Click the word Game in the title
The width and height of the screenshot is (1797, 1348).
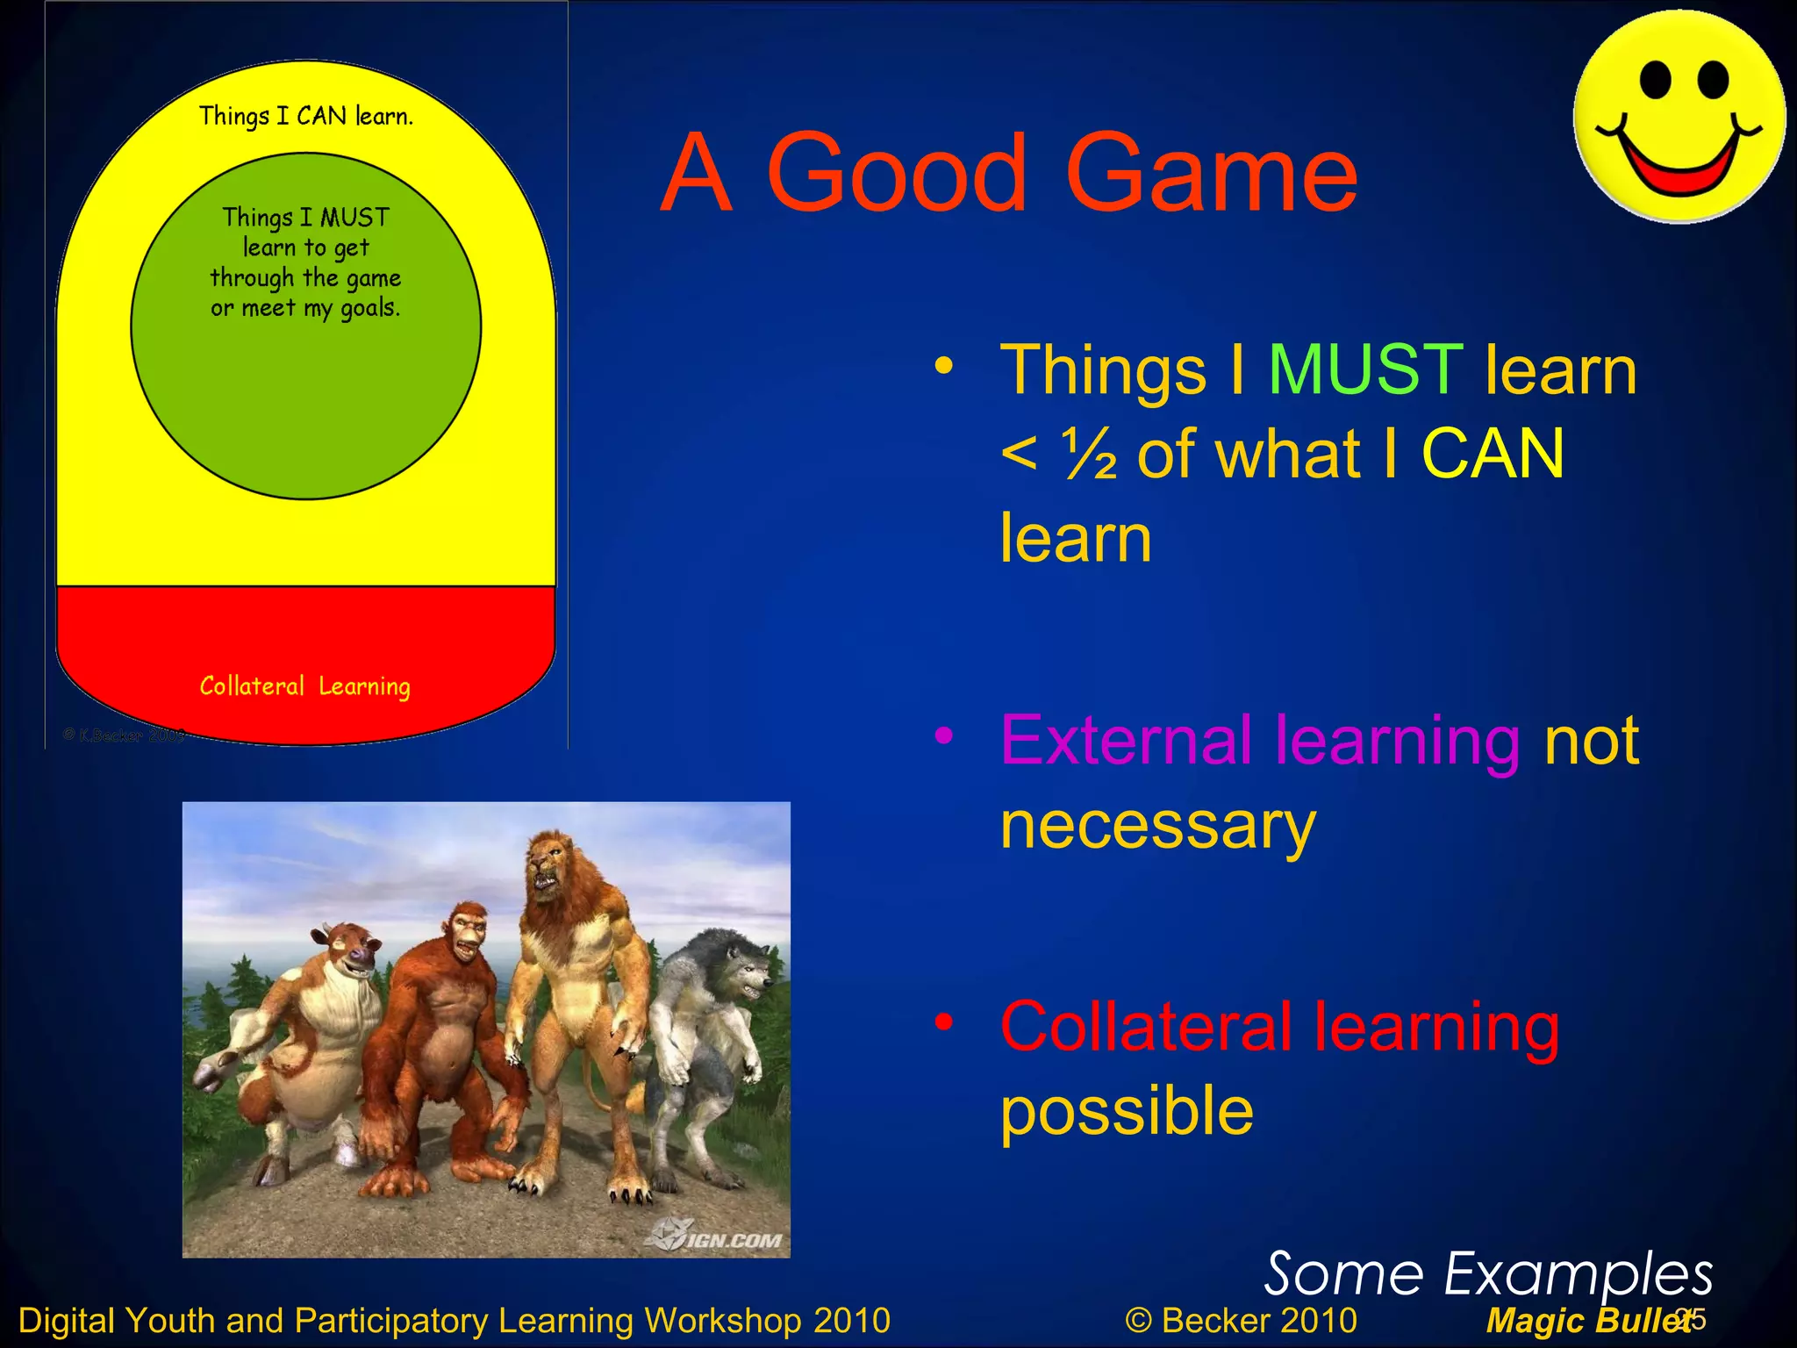(x=1211, y=173)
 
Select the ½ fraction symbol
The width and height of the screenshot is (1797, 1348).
(x=1091, y=455)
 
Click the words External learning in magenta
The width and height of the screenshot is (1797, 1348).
(x=1260, y=741)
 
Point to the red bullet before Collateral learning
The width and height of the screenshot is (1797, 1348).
(x=943, y=1022)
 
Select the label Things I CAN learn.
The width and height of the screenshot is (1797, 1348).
(x=305, y=116)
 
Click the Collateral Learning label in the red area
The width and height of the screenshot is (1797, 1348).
(x=304, y=686)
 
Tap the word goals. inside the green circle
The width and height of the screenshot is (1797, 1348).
(x=369, y=308)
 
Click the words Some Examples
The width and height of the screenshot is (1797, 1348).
(x=1487, y=1274)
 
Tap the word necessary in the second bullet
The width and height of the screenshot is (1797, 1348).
(x=1158, y=827)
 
